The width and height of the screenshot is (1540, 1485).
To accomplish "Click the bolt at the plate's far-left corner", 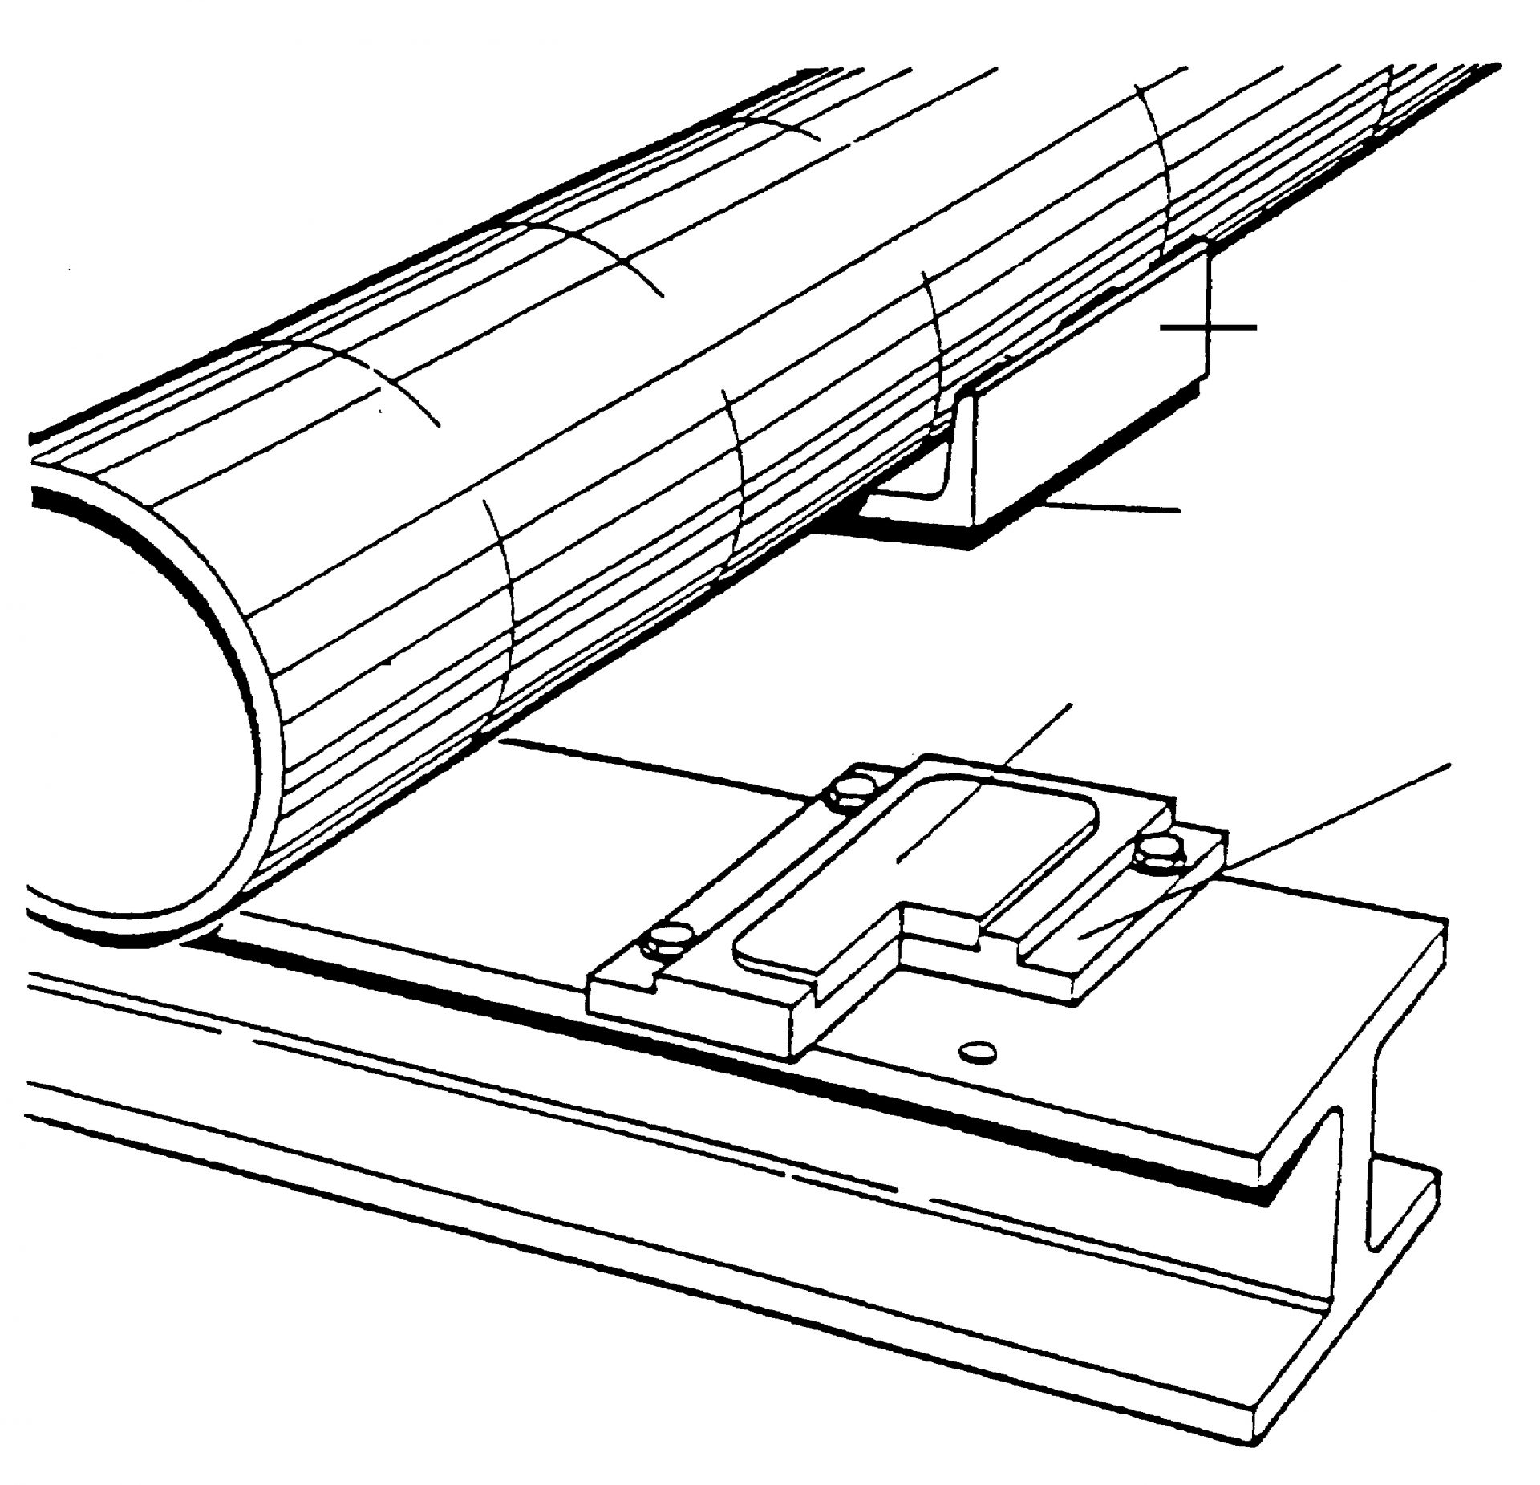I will click(851, 790).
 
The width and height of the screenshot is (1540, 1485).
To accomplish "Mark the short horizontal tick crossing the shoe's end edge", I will click(1208, 327).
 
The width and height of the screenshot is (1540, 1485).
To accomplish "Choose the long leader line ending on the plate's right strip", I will click(1323, 818).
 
